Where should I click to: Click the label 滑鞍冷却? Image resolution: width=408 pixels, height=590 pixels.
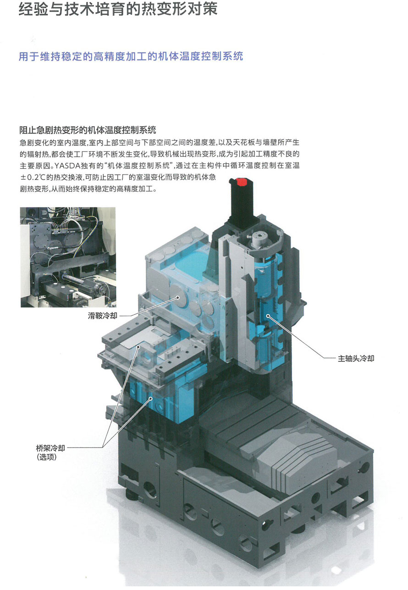click(103, 316)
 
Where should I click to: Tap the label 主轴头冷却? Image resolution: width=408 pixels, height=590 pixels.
click(356, 359)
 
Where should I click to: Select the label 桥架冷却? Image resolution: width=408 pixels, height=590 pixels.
click(50, 448)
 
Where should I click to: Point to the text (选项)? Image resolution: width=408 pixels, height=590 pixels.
click(47, 457)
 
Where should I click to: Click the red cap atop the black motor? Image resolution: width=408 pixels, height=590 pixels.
click(241, 182)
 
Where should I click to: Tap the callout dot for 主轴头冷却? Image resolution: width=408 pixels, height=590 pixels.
click(268, 316)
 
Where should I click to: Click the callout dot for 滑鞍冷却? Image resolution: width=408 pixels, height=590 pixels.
click(178, 298)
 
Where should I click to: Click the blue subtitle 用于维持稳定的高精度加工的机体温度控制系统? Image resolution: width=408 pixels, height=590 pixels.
click(131, 56)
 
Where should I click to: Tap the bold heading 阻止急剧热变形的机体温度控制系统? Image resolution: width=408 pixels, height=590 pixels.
click(88, 130)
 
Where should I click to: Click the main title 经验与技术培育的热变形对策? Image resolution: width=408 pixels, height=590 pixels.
click(118, 9)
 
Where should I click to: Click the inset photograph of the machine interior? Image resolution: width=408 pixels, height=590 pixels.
click(68, 257)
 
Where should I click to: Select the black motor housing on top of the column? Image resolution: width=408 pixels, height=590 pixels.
click(242, 204)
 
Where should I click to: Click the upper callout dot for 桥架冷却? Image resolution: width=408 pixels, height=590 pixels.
click(138, 347)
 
